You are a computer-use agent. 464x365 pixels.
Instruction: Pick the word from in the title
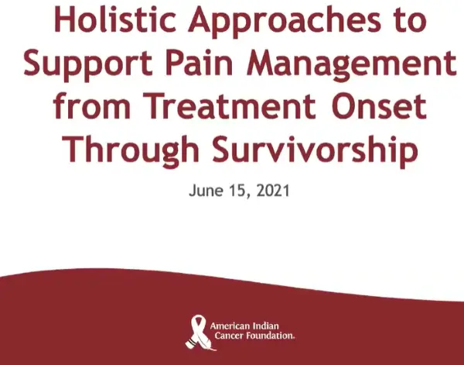[x=92, y=105]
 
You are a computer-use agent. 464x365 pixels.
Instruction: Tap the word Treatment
[x=230, y=105]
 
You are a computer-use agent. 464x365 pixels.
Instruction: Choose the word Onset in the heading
[x=379, y=105]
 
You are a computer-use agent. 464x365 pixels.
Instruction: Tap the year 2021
[x=273, y=191]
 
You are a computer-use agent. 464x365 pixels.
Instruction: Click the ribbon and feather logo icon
[x=199, y=332]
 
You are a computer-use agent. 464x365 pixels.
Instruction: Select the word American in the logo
[x=230, y=326]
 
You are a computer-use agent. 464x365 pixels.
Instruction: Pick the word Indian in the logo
[x=266, y=326]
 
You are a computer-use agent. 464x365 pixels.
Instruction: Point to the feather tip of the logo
[x=215, y=350]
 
